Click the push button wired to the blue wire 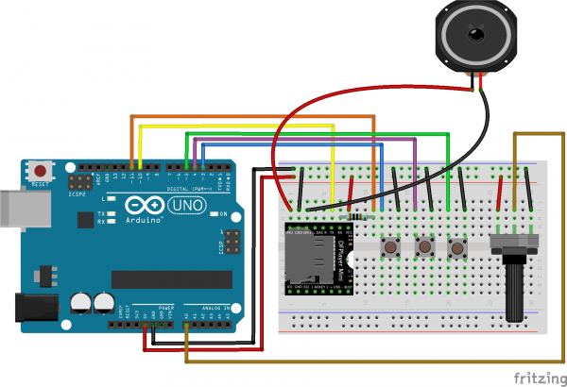pyautogui.click(x=388, y=247)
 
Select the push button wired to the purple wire pyautogui.click(x=424, y=247)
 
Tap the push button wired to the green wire pyautogui.click(x=459, y=247)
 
